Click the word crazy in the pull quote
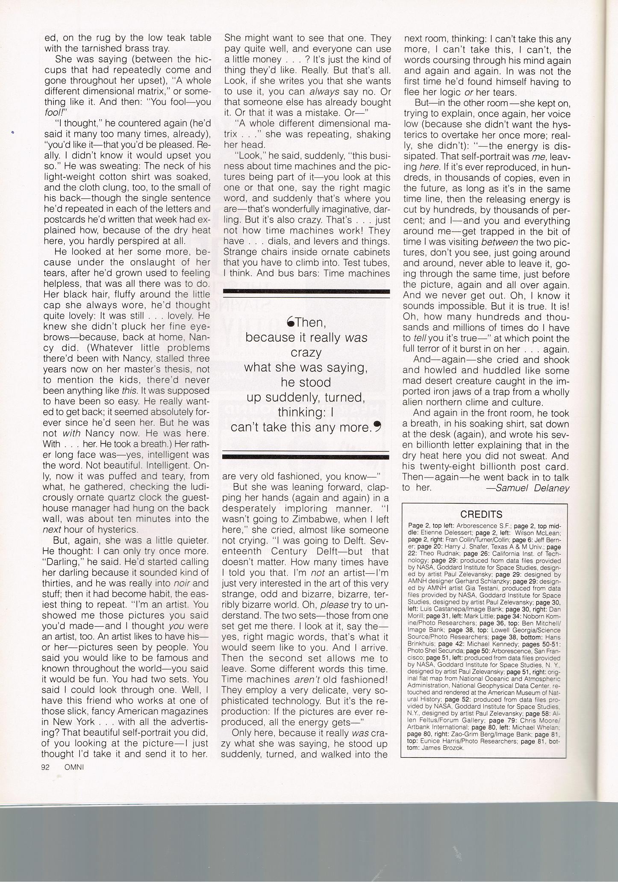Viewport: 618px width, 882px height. click(x=306, y=353)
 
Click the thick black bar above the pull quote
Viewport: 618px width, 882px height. click(x=306, y=292)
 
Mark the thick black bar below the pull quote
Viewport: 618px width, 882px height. click(x=306, y=457)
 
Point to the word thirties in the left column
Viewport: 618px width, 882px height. click(x=58, y=583)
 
